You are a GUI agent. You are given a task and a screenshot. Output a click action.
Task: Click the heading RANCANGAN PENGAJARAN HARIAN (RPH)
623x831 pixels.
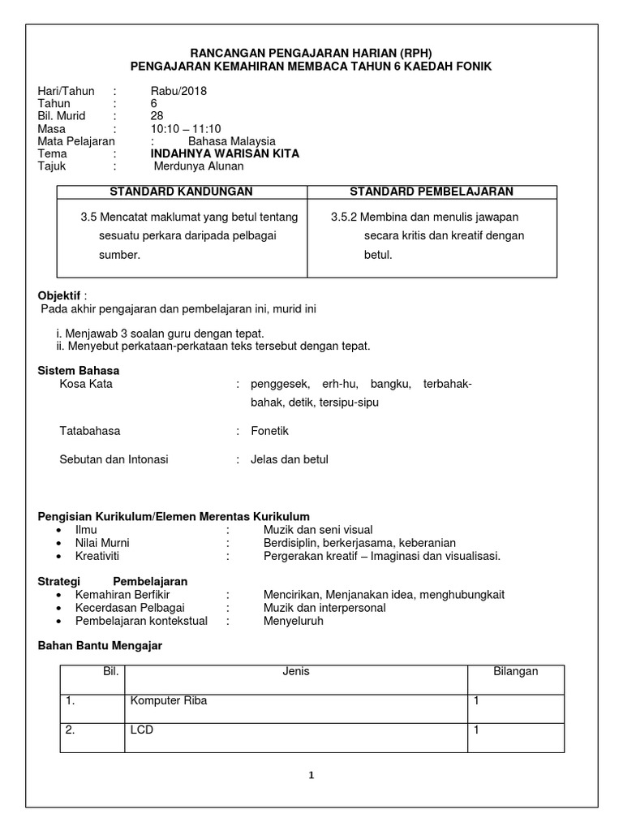pos(311,52)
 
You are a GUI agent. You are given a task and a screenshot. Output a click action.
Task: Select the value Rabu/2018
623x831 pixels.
pos(178,91)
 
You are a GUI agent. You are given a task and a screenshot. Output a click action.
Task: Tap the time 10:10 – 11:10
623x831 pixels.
pos(186,128)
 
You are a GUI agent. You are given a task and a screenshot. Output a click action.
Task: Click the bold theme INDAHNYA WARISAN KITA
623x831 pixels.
pos(225,153)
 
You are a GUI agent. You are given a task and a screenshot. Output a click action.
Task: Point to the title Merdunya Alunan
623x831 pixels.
pos(199,166)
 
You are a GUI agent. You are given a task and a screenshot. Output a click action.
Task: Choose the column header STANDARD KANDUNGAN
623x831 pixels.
pos(181,192)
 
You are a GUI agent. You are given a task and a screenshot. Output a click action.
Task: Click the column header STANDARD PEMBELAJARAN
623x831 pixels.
pos(431,192)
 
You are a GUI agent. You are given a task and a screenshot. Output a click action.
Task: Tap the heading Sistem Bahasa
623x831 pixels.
pos(79,370)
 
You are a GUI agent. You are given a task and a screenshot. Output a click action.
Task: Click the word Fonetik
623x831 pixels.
pos(269,431)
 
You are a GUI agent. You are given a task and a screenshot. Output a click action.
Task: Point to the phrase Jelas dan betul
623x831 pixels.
pos(290,459)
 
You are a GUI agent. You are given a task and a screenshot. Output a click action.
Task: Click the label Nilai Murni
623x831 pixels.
pos(102,543)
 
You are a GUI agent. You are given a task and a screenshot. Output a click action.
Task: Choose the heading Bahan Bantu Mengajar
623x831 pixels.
pos(101,645)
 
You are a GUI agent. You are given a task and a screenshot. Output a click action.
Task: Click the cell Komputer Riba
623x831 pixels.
pos(168,700)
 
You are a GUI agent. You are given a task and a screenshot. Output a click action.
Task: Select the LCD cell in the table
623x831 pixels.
pos(141,730)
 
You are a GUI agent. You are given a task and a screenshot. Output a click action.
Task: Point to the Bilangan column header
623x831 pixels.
pos(516,671)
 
